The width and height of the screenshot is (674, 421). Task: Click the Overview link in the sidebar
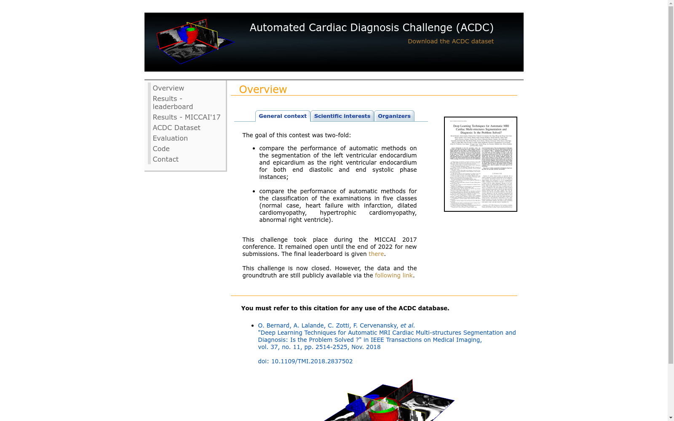[x=168, y=88]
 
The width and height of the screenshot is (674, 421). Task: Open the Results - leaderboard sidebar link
[x=172, y=103]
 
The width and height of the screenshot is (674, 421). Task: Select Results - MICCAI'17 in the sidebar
[x=186, y=117]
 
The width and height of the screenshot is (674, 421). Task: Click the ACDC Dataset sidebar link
[x=176, y=128]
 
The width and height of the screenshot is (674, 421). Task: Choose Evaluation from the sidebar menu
[x=170, y=138]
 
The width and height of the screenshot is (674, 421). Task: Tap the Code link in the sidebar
[x=161, y=149]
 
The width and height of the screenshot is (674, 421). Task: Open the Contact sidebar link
[x=165, y=159]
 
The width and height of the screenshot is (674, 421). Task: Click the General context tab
[x=282, y=116]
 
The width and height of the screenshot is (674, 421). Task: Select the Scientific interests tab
[x=342, y=116]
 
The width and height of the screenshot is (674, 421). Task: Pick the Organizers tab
[x=394, y=116]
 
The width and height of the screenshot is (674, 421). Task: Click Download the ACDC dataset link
[x=450, y=41]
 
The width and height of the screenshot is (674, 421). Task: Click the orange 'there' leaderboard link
[x=376, y=254]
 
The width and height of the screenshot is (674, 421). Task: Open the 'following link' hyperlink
[x=393, y=275]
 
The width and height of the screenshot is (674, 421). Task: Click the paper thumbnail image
[x=480, y=164]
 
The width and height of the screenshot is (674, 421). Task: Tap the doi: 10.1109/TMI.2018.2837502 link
[x=305, y=361]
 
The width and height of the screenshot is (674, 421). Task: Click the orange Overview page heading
[x=262, y=90]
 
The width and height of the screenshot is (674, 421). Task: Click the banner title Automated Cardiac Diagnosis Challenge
[x=371, y=28]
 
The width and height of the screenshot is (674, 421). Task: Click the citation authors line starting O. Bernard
[x=336, y=325]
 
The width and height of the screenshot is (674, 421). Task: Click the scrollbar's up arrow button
[x=671, y=3]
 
